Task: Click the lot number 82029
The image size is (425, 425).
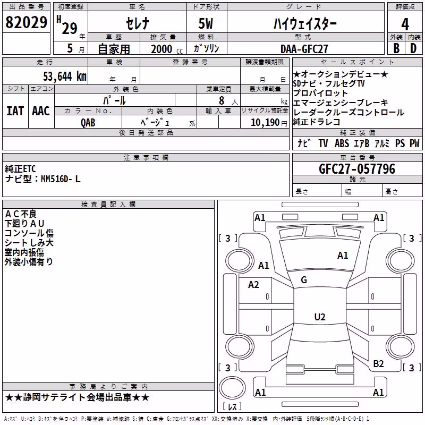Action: coord(26,22)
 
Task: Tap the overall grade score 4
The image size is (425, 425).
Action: coord(405,24)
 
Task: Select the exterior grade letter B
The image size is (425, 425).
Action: coord(396,48)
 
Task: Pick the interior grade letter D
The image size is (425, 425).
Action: coord(413,48)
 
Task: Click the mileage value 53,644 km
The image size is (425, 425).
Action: coord(65,76)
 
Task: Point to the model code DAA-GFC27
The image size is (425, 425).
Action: coord(304,49)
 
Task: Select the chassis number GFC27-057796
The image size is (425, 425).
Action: coord(357,169)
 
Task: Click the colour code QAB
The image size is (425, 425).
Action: coord(88,123)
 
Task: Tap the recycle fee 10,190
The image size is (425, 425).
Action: coord(265,123)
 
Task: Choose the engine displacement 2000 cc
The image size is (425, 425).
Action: coord(167,49)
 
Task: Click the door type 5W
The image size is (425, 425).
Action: coord(206,23)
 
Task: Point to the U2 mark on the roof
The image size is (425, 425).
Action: coord(320,317)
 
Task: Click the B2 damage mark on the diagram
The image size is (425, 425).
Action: coord(378,364)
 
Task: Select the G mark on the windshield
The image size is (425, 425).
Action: coord(304,280)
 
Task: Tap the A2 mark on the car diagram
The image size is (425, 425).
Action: coord(253,285)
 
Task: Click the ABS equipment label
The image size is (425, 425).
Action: coord(342,143)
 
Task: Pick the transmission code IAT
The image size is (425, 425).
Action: coord(15,111)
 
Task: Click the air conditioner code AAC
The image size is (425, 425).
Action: coord(41,111)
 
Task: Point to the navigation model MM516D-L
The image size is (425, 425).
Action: coord(61,179)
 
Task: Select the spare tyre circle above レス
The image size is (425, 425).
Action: coord(232,388)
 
